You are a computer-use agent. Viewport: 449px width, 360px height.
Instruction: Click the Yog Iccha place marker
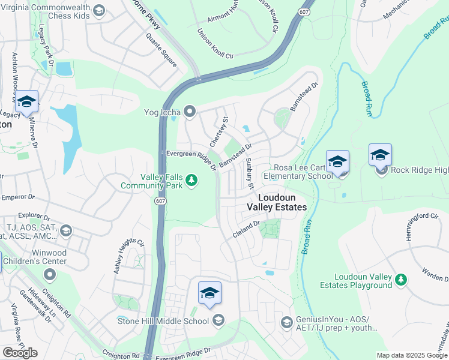tap(190, 111)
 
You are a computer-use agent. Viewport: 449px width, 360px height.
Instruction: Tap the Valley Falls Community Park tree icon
tap(191, 179)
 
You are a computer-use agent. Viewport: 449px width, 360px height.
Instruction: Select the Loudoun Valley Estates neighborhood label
tap(277, 202)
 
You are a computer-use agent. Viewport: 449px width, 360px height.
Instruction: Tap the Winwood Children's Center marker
tap(49, 275)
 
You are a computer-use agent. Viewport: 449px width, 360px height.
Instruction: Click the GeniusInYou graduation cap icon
tap(286, 323)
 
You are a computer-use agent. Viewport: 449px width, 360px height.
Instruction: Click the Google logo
tap(20, 353)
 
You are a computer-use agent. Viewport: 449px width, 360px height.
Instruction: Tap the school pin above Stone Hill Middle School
tap(209, 293)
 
